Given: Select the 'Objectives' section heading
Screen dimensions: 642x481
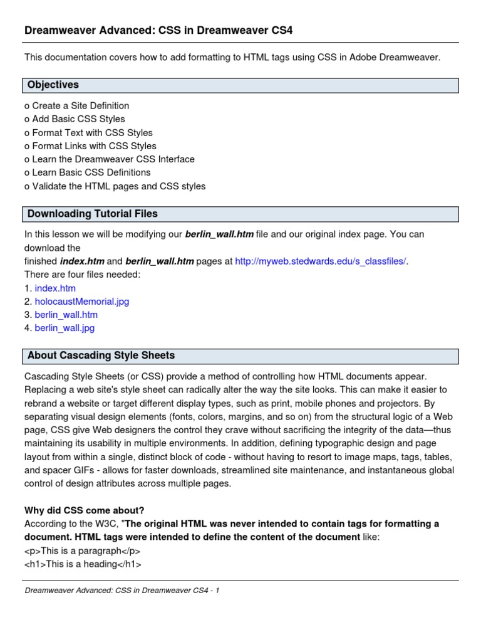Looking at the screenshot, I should [53, 85].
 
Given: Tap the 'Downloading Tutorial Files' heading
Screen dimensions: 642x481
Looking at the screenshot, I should [92, 214].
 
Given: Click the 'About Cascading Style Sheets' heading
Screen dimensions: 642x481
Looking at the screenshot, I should [101, 355].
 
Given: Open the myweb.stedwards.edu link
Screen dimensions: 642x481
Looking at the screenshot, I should [320, 261].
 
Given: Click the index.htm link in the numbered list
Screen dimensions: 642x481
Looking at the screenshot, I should [55, 288].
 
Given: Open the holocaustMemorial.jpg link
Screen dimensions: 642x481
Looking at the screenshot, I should [81, 301].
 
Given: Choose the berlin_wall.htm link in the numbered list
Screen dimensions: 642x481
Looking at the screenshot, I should [66, 314].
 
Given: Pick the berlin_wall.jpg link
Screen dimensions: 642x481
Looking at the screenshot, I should [65, 327].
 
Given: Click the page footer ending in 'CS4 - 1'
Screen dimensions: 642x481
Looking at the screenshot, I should [122, 591].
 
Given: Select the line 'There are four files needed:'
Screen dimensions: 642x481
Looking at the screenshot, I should [82, 274].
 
